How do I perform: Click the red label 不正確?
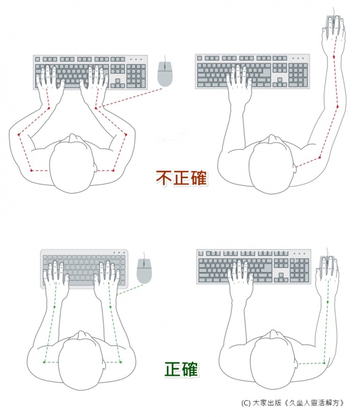pyautogui.click(x=181, y=178)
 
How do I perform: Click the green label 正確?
pyautogui.click(x=181, y=370)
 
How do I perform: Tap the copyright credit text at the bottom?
pyautogui.click(x=293, y=403)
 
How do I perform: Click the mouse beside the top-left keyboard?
pyautogui.click(x=165, y=74)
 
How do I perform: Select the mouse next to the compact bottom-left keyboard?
pyautogui.click(x=144, y=270)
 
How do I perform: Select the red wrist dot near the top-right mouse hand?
pyautogui.click(x=334, y=57)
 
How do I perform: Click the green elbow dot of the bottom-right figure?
pyautogui.click(x=324, y=363)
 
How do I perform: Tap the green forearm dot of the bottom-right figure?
pyautogui.click(x=327, y=302)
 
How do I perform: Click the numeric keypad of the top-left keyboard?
pyautogui.click(x=136, y=76)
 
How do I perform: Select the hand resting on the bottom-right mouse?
pyautogui.click(x=327, y=274)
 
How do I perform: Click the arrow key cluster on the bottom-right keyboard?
pyautogui.click(x=281, y=277)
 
